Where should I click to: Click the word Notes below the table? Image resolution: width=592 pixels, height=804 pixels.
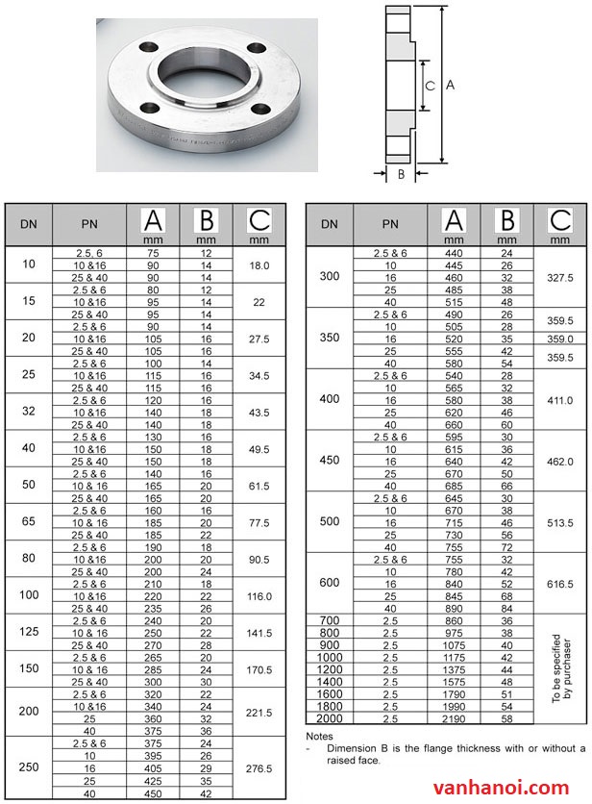tap(318, 736)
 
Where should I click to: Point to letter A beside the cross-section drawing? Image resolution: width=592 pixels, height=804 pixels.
tap(451, 85)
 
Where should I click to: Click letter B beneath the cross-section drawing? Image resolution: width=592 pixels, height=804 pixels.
tap(401, 174)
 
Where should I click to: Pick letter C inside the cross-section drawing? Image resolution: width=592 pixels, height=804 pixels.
tap(431, 86)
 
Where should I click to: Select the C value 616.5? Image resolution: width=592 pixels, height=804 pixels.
tap(559, 584)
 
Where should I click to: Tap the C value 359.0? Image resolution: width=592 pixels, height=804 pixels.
tap(559, 339)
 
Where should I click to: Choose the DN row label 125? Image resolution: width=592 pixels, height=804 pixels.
tap(28, 634)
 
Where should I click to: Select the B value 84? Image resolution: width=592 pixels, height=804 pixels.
tap(507, 608)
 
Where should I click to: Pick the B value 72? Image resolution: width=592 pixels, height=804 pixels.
tap(507, 546)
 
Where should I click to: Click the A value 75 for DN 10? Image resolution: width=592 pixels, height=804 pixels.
tap(153, 253)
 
